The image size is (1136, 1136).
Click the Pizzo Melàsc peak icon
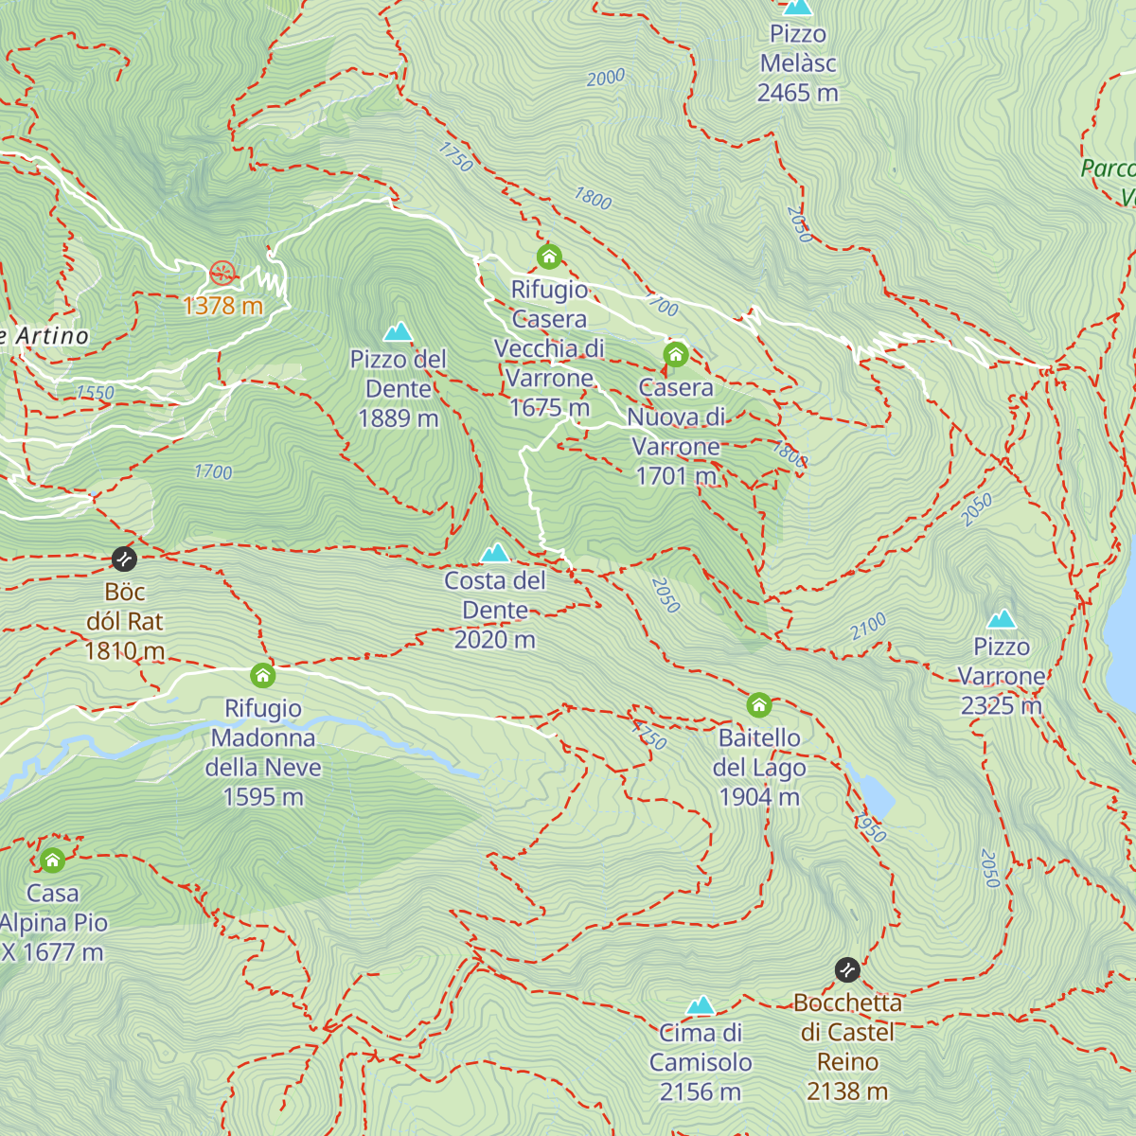coord(798,7)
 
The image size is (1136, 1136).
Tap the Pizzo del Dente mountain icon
coord(398,331)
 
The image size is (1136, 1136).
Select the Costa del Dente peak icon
coord(494,553)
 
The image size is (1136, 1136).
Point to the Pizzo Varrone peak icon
coord(1002,619)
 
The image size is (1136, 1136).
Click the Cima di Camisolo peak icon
coord(700,1004)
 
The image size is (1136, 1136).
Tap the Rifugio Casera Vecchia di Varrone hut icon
coord(549,257)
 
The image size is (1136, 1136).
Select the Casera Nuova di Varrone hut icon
coord(675,355)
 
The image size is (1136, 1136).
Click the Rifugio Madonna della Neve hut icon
coord(263,676)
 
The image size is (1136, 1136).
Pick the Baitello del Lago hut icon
coord(759,705)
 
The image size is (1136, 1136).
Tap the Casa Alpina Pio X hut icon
coord(53,861)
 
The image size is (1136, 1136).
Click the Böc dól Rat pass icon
coord(124,559)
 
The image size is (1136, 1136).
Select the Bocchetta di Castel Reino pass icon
coord(847,970)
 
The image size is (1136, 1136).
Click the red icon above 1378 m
coord(222,275)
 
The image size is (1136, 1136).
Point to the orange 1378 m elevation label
coord(222,306)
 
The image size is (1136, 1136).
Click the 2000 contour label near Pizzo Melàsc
coord(605,78)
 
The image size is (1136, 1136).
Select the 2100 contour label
coord(867,625)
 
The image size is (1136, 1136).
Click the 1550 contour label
coord(96,392)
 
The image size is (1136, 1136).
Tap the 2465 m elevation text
coord(797,93)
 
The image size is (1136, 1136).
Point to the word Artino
coord(52,335)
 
